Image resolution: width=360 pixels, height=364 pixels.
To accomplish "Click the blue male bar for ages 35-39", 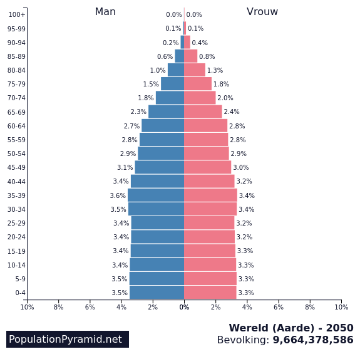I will click(x=156, y=195).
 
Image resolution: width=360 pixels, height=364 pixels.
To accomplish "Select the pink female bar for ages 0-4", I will click(x=210, y=293).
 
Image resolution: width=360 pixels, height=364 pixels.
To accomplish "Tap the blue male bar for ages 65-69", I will click(x=166, y=112).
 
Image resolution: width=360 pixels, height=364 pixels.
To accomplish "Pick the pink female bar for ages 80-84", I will click(x=194, y=70).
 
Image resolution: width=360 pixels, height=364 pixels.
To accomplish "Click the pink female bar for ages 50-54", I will click(x=207, y=153).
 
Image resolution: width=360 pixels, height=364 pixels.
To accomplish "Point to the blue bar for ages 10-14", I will click(x=157, y=265).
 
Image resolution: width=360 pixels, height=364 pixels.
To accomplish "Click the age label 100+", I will click(x=18, y=15).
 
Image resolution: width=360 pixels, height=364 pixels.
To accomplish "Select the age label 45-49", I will click(x=16, y=168).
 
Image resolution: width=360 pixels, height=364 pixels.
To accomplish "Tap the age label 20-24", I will click(x=16, y=237).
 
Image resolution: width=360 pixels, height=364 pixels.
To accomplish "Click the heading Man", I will click(x=105, y=12).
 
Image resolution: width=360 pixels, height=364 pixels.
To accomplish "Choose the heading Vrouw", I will click(x=262, y=12).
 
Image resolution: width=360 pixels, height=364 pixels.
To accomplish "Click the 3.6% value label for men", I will click(x=118, y=195).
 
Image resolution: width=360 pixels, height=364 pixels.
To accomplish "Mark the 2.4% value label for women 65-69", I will click(x=232, y=112).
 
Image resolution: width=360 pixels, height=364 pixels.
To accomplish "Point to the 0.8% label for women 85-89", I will click(x=207, y=56).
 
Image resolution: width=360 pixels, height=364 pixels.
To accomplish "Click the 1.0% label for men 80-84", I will click(x=158, y=70).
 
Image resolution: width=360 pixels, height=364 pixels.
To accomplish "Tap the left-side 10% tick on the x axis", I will click(x=27, y=306).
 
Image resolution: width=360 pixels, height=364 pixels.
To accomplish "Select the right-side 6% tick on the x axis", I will click(x=279, y=306).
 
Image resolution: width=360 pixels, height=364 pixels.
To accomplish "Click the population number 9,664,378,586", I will click(x=312, y=340).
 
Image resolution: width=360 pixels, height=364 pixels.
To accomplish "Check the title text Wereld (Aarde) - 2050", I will click(x=291, y=328).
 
